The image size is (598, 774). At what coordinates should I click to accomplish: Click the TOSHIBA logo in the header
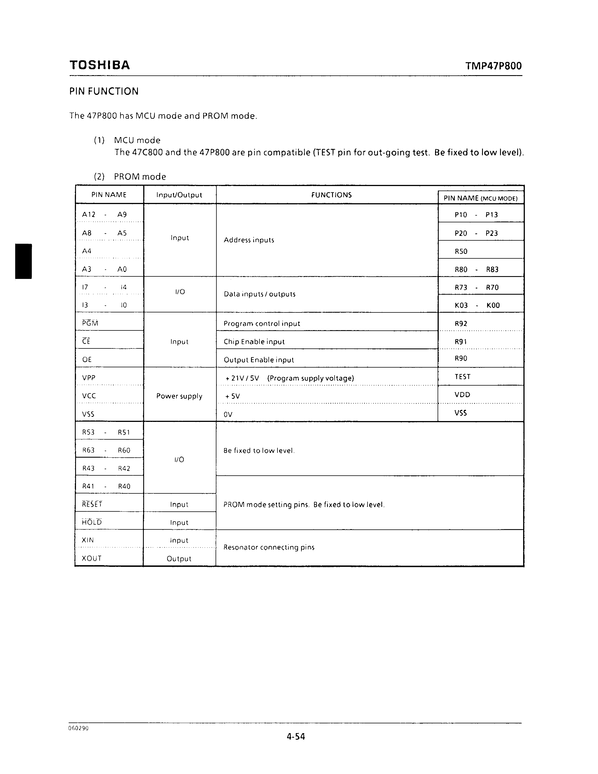(x=100, y=65)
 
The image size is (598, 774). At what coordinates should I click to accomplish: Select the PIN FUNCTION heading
(x=104, y=91)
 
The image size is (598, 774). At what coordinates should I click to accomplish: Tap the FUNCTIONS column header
(x=331, y=195)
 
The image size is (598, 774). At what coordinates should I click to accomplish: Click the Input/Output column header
(x=179, y=195)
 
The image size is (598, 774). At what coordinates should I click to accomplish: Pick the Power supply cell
(x=179, y=396)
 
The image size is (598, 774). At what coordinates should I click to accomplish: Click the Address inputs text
(x=249, y=240)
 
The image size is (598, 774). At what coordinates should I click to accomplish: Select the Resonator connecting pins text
(x=269, y=547)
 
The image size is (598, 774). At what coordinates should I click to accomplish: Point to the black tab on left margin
(x=23, y=261)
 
